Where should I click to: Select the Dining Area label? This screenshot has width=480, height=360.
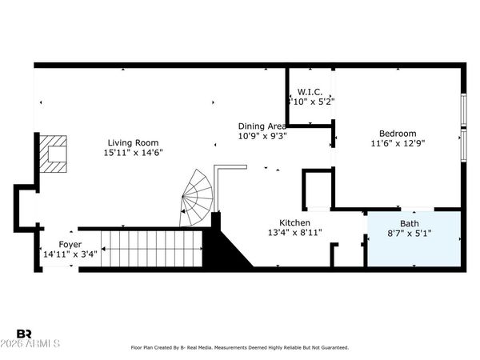(262, 126)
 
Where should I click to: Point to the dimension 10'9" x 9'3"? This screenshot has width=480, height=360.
(262, 135)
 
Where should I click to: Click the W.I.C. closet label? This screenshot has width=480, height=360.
(310, 92)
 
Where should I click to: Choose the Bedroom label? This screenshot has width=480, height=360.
(398, 134)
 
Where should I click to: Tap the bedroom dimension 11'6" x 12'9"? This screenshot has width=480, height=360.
(398, 143)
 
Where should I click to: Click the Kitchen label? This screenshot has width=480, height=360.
(294, 222)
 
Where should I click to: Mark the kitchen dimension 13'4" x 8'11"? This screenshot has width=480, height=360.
(294, 233)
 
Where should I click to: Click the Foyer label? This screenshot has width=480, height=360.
(70, 244)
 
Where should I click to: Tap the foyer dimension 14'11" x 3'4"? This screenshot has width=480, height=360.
(70, 254)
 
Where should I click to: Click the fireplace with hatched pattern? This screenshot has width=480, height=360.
(55, 154)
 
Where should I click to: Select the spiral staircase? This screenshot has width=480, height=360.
(198, 200)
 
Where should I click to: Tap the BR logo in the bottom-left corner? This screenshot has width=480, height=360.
(24, 333)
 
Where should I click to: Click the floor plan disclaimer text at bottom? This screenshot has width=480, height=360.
(240, 348)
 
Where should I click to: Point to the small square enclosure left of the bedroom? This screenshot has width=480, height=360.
(318, 189)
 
